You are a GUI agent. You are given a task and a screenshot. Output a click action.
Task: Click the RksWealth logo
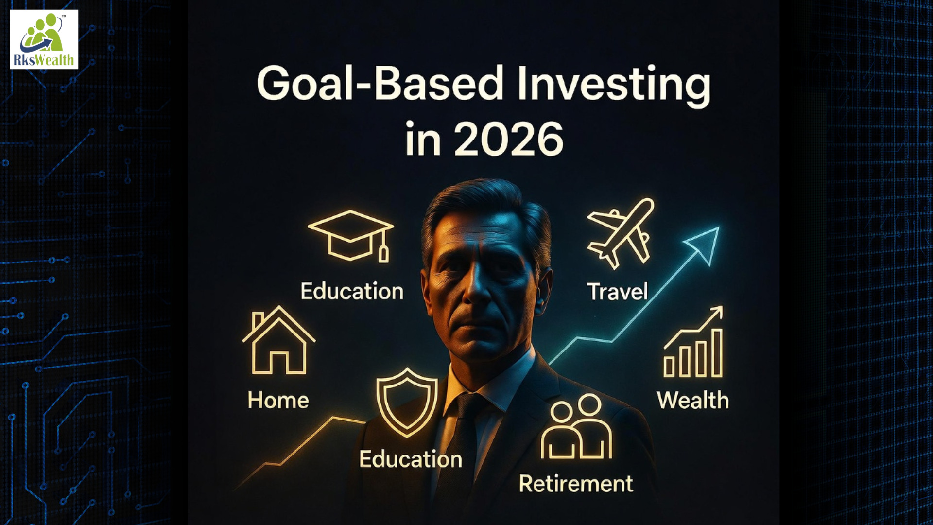(x=44, y=39)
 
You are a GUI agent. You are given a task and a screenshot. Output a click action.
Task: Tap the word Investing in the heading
(x=613, y=84)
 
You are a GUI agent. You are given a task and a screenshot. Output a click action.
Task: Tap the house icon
(x=279, y=341)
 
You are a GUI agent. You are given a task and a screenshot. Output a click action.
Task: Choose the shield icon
(x=407, y=402)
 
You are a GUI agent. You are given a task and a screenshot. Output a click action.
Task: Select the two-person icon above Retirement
(x=576, y=427)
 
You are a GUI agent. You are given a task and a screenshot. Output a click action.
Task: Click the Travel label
(x=618, y=292)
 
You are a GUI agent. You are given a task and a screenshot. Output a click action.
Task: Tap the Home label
(x=278, y=401)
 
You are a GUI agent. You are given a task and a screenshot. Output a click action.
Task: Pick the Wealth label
(x=692, y=401)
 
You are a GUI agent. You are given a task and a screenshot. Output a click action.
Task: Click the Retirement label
(x=576, y=484)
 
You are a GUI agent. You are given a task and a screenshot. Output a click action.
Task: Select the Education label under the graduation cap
(x=352, y=292)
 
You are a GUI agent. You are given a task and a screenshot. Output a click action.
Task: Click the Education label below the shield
(x=411, y=459)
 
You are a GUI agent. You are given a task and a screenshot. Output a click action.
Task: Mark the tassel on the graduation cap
(x=383, y=253)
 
